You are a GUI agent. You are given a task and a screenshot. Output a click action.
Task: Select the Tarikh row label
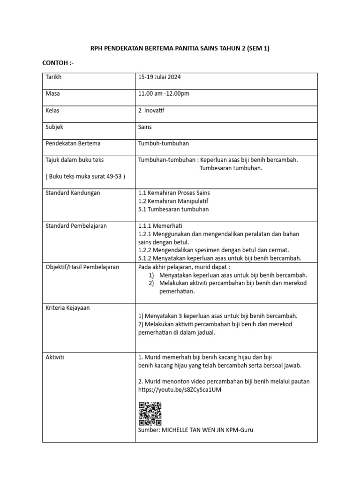(x=53, y=77)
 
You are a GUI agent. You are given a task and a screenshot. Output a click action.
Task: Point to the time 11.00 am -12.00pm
(x=164, y=93)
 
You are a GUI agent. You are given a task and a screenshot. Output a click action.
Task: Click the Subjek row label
(x=54, y=127)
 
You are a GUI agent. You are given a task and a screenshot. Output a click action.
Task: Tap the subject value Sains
(x=145, y=127)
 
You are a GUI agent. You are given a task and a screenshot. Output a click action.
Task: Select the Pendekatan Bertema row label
(x=73, y=143)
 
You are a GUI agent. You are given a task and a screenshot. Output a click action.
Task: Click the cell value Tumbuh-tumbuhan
(x=164, y=143)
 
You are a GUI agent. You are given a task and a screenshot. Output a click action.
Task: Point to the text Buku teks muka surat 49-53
(x=85, y=176)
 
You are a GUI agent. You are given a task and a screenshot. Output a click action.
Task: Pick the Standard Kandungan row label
(x=72, y=193)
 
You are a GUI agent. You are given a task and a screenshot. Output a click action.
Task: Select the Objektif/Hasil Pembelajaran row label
(x=82, y=267)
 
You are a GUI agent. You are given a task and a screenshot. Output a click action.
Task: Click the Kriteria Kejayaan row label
(x=67, y=307)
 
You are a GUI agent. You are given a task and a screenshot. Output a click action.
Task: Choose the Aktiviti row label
(x=54, y=357)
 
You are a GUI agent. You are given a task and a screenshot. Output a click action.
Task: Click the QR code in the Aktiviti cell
(x=150, y=413)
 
